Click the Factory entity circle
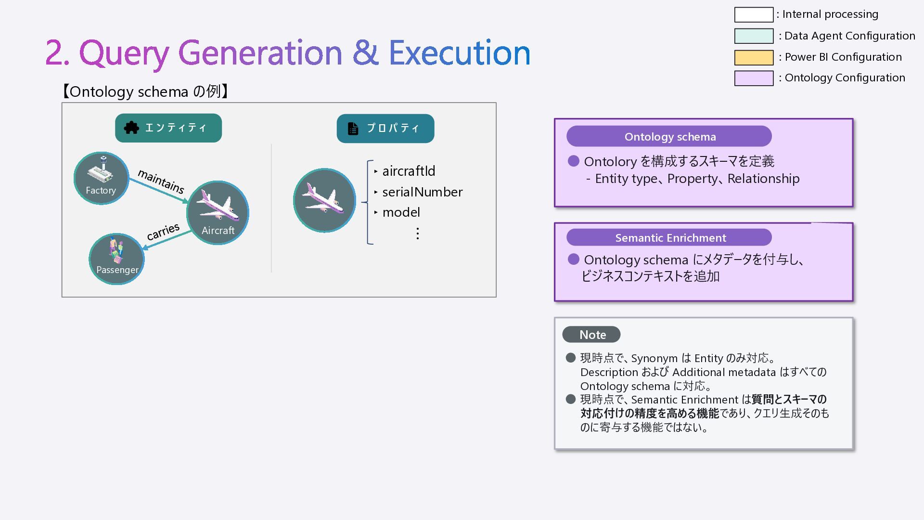101,178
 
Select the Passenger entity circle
116,259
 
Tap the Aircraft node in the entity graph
218,212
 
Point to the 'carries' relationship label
163,232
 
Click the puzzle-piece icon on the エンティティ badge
131,128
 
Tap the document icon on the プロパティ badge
353,129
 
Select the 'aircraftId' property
409,171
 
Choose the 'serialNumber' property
422,192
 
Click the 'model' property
401,212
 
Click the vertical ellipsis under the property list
417,234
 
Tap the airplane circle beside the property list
324,200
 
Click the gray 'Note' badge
591,334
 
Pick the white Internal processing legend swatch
754,14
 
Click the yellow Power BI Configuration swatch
754,57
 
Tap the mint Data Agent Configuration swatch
754,36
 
